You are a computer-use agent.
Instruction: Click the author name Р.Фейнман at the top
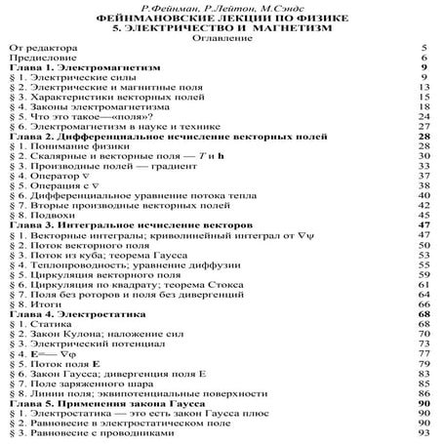coord(145,8)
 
